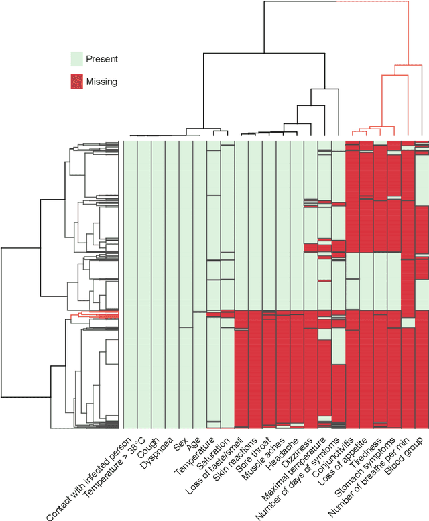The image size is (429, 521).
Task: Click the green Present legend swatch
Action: point(80,59)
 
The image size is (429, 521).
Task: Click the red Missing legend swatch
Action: point(80,82)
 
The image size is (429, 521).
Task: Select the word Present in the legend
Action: point(102,59)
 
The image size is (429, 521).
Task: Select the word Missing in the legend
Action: point(102,82)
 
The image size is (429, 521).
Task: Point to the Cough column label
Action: point(149,445)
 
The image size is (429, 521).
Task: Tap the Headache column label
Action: point(282,449)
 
